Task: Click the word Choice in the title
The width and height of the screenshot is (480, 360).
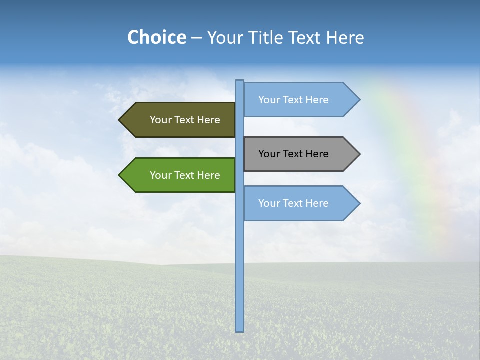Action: (x=156, y=37)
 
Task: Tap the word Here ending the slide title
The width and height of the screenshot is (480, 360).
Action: (x=345, y=37)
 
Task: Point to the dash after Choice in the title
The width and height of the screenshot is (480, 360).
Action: (x=196, y=38)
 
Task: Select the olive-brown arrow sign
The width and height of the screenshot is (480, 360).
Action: (x=180, y=120)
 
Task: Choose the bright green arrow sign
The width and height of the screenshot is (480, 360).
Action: (x=180, y=175)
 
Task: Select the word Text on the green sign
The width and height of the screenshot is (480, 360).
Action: (x=185, y=175)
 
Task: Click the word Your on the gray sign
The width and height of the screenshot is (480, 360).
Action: (x=269, y=154)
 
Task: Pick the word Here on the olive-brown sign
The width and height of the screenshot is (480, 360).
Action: (x=209, y=120)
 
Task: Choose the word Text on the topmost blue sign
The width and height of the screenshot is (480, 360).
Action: (x=293, y=100)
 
